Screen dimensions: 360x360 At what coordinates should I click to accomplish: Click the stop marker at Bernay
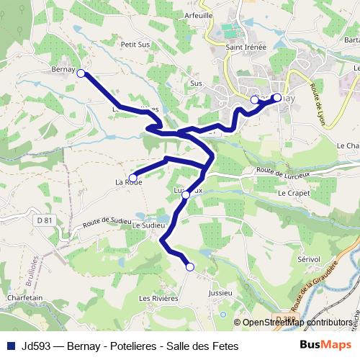point(81,73)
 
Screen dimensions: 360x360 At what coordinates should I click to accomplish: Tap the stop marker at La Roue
point(132,177)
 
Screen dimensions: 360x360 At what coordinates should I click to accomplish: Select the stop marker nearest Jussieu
point(190,267)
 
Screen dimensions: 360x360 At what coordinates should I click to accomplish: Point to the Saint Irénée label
point(246,48)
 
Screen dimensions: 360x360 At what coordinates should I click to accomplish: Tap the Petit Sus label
point(135,44)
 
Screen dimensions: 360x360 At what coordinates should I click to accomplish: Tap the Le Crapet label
point(292,192)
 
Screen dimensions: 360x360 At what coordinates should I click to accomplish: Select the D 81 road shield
point(45,220)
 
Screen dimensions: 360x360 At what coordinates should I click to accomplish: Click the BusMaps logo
point(320,346)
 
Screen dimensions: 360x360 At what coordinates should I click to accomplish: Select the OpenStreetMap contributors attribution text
point(297,322)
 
